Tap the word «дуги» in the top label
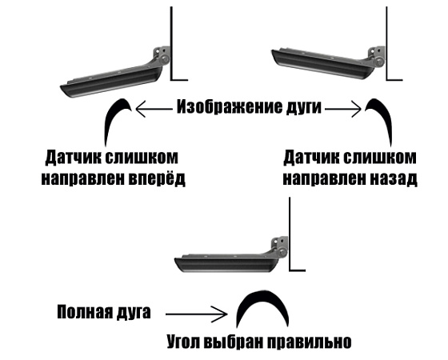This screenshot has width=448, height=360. coord(304,108)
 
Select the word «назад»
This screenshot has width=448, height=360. coord(394,179)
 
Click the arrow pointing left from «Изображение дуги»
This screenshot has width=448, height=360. coord(154,109)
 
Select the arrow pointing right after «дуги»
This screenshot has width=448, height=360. coord(343,109)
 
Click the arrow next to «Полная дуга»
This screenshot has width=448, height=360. coord(197,314)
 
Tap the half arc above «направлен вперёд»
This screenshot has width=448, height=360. coord(110,114)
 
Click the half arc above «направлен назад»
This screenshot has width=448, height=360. coord(386,114)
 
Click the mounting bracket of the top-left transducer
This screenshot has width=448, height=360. coord(162,56)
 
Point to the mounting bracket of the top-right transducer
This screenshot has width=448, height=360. coord(377,56)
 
